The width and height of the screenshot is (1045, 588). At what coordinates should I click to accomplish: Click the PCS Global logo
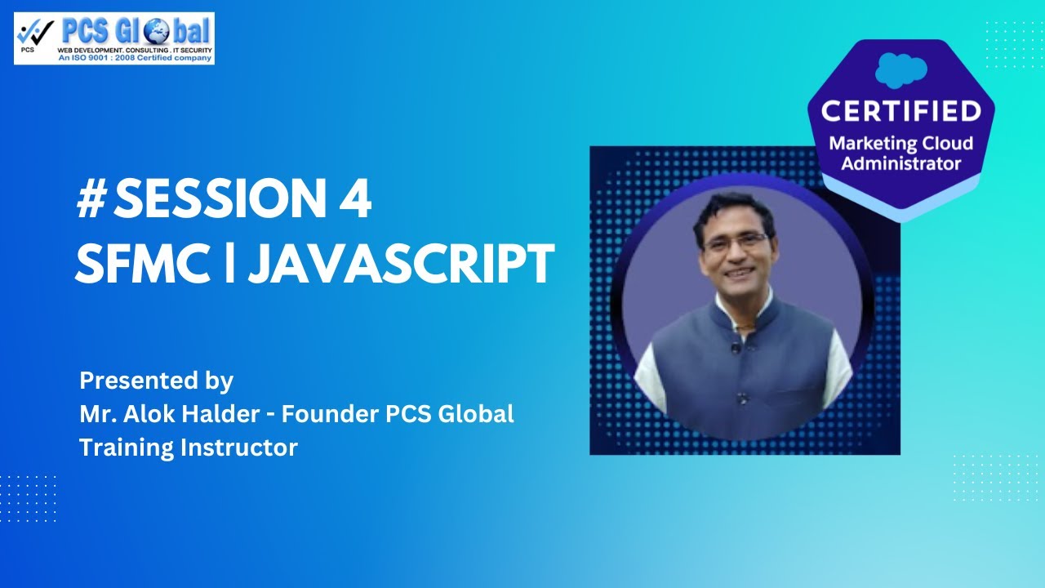point(114,38)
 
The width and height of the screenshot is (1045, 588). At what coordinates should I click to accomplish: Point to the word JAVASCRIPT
point(401,263)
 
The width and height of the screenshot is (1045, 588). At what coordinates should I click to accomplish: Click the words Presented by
point(156,381)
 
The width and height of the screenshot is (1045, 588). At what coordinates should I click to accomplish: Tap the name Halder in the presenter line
point(233,414)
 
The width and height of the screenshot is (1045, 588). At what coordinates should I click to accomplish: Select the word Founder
point(330,414)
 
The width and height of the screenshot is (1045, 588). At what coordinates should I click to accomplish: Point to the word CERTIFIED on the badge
point(900,110)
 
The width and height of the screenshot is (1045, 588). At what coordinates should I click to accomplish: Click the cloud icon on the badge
point(900,69)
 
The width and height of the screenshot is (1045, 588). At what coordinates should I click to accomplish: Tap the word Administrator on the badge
point(900,163)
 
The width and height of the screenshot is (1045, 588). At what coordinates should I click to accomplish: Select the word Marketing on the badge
point(872,144)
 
